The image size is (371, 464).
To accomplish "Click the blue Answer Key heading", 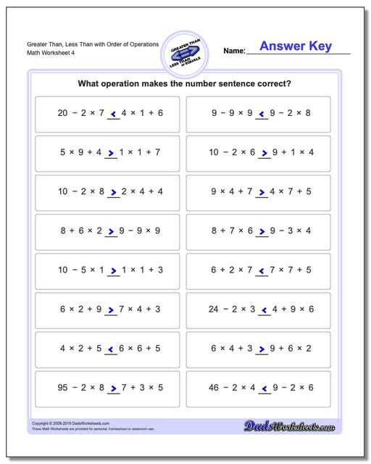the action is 297,46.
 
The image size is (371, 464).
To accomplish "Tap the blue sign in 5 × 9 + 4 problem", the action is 112,152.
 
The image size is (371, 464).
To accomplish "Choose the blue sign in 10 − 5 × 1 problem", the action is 112,270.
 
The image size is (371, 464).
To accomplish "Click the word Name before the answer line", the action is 233,51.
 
